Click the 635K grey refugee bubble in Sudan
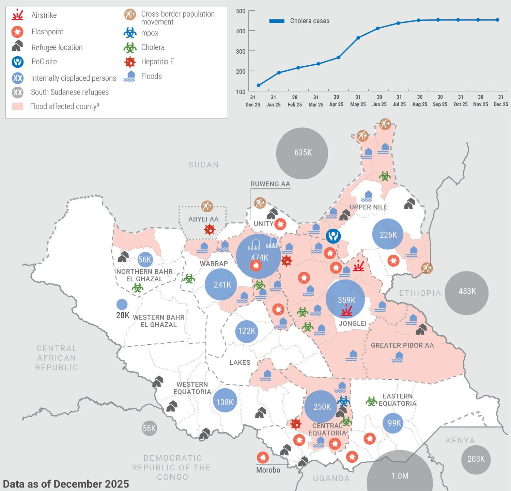302,153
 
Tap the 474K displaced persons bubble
259,256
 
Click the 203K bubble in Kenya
476,459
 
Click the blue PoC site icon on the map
333,236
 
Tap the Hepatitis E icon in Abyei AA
210,230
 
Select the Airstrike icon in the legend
17,15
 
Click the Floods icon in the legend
129,76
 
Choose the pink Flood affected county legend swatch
17,107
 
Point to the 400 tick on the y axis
241,31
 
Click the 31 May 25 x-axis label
358,101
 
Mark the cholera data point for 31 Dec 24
259,85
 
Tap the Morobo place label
268,470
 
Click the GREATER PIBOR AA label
402,345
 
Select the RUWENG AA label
270,184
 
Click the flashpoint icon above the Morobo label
262,458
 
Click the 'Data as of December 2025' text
66,484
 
